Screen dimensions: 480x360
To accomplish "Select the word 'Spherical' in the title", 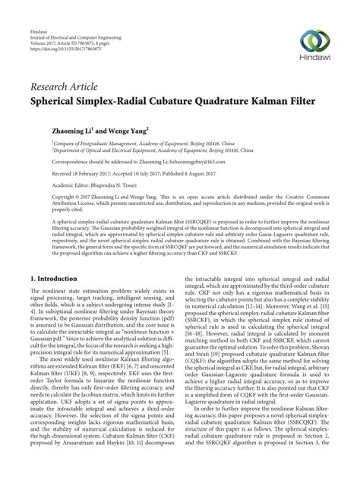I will click(x=58, y=99).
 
